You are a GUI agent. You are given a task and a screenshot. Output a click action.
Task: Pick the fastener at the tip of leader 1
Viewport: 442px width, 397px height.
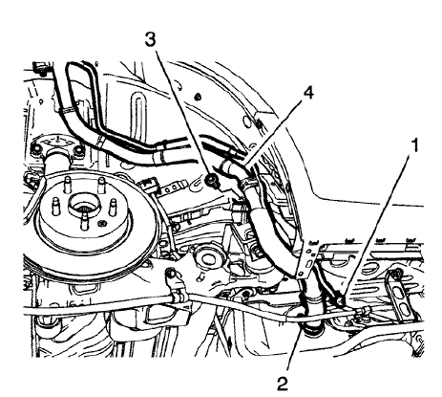tap(338, 302)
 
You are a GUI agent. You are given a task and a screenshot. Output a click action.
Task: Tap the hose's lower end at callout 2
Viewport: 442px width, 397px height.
tap(308, 331)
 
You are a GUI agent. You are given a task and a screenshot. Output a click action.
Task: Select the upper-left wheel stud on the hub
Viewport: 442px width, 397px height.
tap(58, 204)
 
